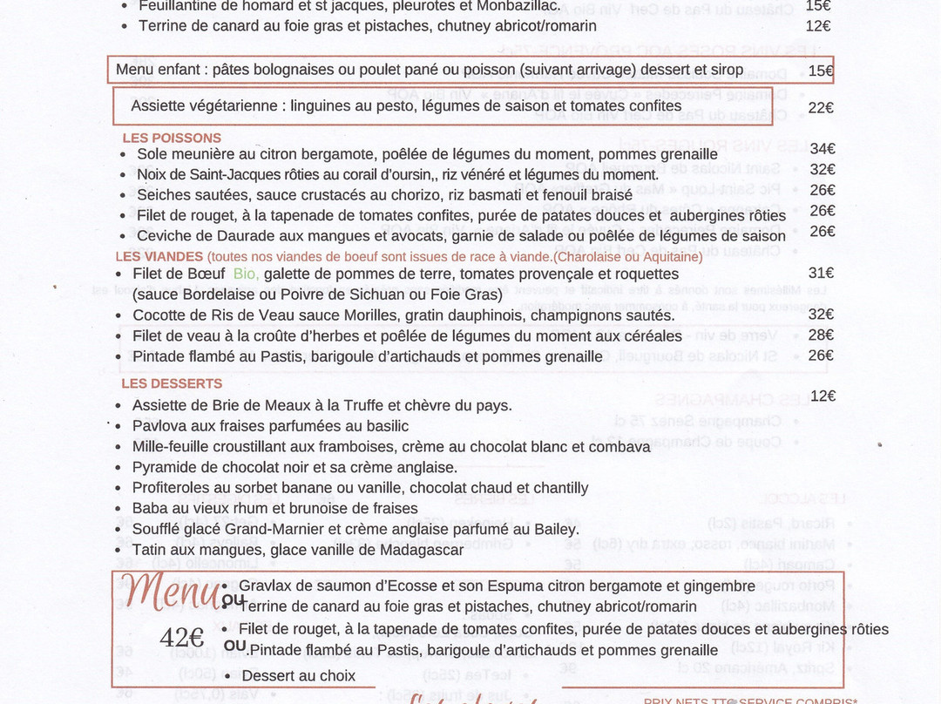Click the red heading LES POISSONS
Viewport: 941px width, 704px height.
click(172, 138)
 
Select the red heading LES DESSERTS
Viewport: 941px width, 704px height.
click(172, 383)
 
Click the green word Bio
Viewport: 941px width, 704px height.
click(246, 274)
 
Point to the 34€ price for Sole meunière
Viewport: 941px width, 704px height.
click(822, 149)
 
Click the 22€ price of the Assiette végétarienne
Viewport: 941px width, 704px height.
click(821, 108)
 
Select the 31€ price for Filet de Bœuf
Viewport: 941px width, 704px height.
click(822, 273)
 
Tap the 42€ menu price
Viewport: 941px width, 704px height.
click(181, 638)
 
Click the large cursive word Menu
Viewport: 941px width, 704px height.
click(172, 592)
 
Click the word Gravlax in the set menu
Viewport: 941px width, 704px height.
click(267, 586)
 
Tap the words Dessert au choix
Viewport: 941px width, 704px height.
click(299, 676)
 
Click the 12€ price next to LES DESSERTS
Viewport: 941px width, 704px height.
click(823, 396)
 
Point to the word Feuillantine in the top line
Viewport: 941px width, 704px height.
click(184, 5)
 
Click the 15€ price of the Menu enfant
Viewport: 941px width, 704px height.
click(821, 71)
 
